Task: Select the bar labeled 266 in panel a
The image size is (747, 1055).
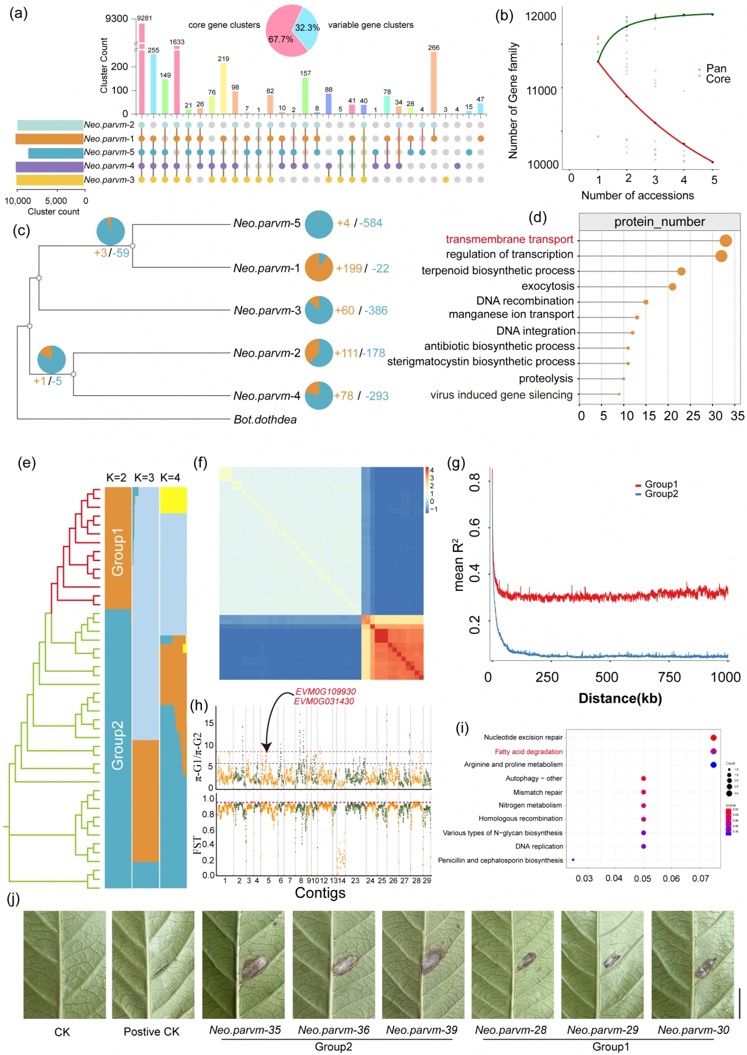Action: pyautogui.click(x=434, y=82)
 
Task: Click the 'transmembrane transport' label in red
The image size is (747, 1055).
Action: pyautogui.click(x=509, y=240)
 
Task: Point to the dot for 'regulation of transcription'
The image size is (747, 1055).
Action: pyautogui.click(x=721, y=256)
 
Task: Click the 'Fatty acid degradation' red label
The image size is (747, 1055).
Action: pyautogui.click(x=529, y=752)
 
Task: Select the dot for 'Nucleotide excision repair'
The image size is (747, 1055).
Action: pyautogui.click(x=713, y=738)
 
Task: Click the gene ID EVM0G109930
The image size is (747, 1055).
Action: pyautogui.click(x=326, y=692)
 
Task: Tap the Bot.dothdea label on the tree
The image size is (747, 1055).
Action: pyautogui.click(x=265, y=419)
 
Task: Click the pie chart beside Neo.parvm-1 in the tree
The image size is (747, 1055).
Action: pyautogui.click(x=319, y=268)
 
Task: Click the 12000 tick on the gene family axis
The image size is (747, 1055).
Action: pyautogui.click(x=541, y=16)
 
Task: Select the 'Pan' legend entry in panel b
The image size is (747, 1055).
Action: pyautogui.click(x=716, y=69)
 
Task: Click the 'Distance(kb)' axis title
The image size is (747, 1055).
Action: pyautogui.click(x=620, y=698)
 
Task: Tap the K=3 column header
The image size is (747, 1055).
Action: pyautogui.click(x=144, y=478)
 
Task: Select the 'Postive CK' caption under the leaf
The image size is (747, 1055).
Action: pyautogui.click(x=151, y=1032)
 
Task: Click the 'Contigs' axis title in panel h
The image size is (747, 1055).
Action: pyautogui.click(x=320, y=893)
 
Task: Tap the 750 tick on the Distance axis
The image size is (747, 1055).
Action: pyautogui.click(x=669, y=677)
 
